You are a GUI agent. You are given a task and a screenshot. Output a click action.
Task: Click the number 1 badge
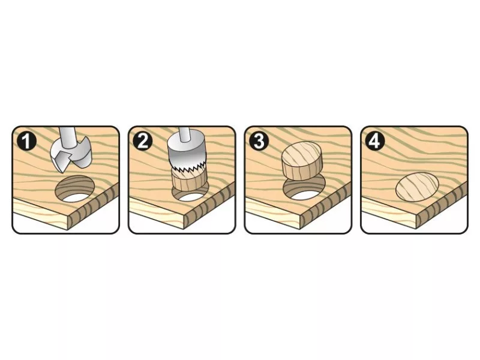(26, 142)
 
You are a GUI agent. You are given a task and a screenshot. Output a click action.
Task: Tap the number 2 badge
(143, 142)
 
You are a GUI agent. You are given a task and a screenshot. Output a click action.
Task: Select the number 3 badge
(259, 142)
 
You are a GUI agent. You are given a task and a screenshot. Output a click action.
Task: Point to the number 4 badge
(375, 142)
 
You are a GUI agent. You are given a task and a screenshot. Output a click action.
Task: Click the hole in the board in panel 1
(74, 189)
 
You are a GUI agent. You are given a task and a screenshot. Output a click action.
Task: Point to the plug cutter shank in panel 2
(184, 134)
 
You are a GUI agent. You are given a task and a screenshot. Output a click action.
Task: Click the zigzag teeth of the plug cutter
(187, 169)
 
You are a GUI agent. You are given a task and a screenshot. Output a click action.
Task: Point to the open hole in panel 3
(304, 190)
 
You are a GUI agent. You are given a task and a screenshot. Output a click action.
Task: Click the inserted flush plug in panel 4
(417, 187)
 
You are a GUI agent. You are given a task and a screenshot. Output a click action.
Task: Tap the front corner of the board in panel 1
(68, 216)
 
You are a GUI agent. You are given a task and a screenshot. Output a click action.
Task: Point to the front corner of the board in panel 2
(184, 216)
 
